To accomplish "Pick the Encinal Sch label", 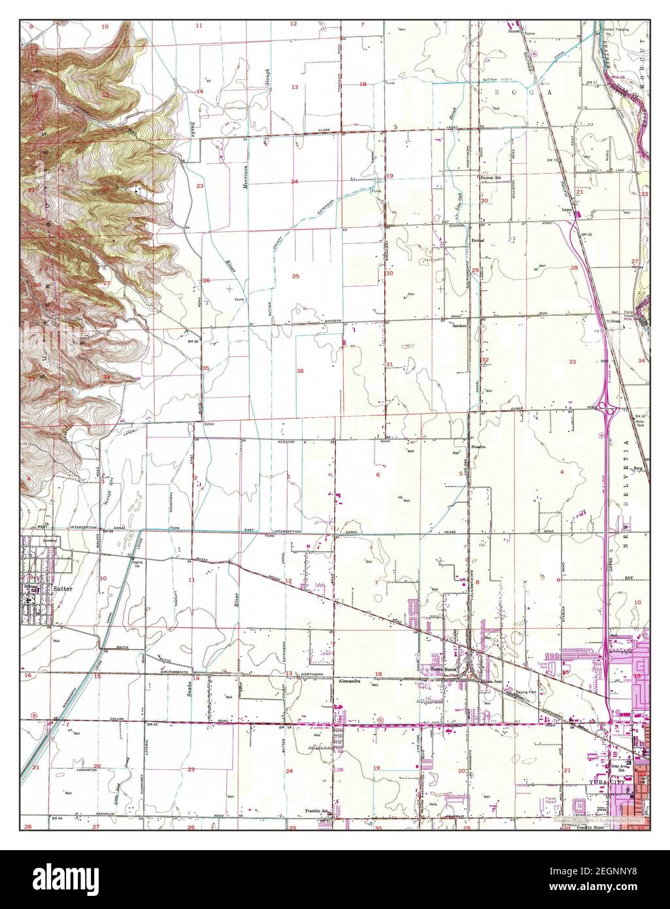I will tap(490, 178).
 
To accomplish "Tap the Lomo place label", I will tap(567, 211).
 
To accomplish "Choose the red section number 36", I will tap(300, 371).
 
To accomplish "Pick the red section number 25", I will tap(295, 277).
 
